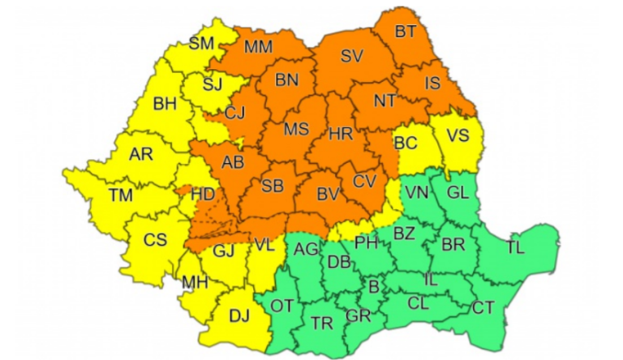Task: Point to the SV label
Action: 351,56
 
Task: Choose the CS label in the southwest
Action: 155,239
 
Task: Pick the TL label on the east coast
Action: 515,247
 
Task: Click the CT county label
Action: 483,307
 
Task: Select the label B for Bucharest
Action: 373,286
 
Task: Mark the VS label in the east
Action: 458,135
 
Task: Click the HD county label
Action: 203,195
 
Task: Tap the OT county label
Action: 281,306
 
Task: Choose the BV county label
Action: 327,194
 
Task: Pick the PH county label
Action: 366,242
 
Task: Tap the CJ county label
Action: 235,112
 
